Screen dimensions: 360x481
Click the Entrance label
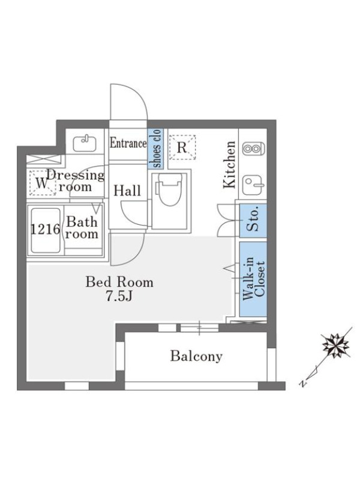[128, 143]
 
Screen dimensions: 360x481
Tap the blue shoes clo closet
[156, 149]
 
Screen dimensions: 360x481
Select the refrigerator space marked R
[182, 147]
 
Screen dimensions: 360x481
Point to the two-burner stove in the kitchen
[253, 149]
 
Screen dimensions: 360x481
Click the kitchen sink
[253, 185]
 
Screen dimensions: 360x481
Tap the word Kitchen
[230, 164]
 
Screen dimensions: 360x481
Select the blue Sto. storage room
[253, 220]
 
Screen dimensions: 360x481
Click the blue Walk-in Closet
[253, 279]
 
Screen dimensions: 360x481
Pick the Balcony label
[196, 356]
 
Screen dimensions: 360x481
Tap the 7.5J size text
[119, 296]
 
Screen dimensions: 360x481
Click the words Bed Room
[119, 282]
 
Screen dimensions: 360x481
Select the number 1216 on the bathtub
[46, 229]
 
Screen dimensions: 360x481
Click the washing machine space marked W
[43, 183]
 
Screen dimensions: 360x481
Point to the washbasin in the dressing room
[85, 143]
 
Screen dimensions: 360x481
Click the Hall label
[127, 191]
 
